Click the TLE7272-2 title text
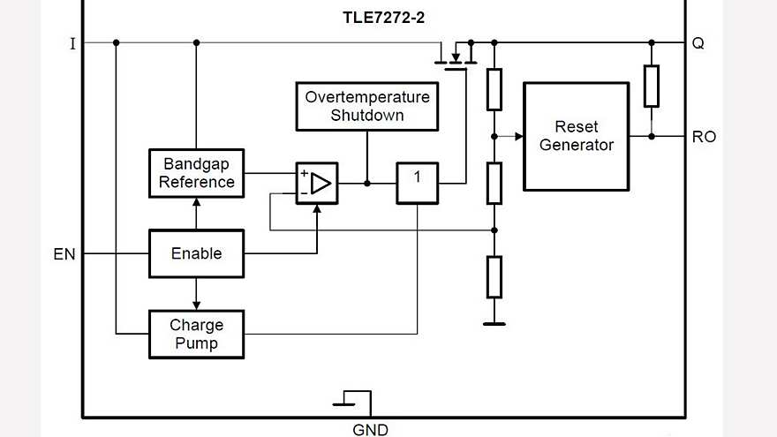point(383,18)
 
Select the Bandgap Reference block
point(196,173)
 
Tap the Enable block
point(196,253)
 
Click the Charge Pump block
point(196,334)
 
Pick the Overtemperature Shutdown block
point(366,106)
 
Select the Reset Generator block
point(576,136)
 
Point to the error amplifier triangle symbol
point(321,184)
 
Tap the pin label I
point(72,42)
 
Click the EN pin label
point(64,254)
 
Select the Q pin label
point(698,42)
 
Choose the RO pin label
point(704,137)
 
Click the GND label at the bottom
point(370,430)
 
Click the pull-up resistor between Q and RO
point(651,87)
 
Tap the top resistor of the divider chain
point(494,88)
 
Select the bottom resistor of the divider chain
point(494,276)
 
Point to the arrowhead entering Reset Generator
point(518,137)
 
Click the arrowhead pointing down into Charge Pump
point(196,305)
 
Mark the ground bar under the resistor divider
point(494,324)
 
